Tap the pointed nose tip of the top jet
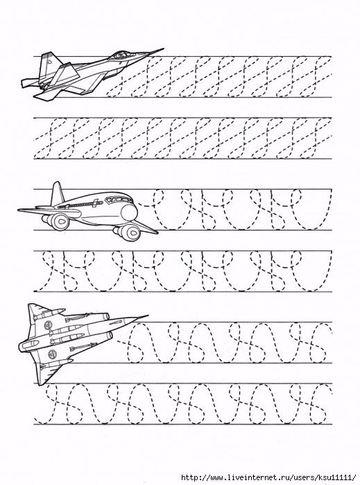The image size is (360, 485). [x=163, y=49]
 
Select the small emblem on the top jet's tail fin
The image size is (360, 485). [x=50, y=62]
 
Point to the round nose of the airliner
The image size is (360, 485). [x=129, y=212]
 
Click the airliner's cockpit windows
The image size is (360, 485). [x=116, y=200]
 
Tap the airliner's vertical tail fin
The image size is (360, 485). [x=57, y=194]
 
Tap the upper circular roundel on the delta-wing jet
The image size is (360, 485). [x=48, y=325]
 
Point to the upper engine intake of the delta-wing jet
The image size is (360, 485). [x=105, y=316]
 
